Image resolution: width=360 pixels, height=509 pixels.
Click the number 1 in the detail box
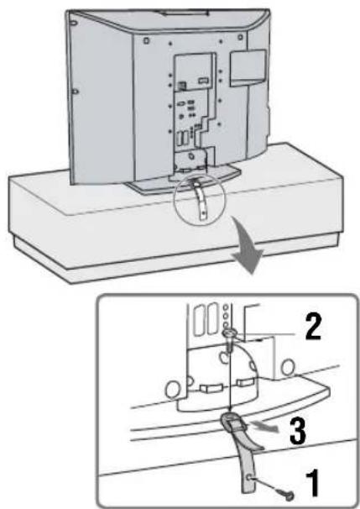(311, 484)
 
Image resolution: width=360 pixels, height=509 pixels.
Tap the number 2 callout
(313, 327)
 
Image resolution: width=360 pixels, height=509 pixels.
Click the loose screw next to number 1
(288, 495)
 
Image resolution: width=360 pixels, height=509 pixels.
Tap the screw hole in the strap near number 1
(250, 477)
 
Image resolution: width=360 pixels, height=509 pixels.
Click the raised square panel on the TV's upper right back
(248, 67)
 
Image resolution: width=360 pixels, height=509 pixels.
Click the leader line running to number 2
(264, 333)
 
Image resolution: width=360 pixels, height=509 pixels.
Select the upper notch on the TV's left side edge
(74, 24)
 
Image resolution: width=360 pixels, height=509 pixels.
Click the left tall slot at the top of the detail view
(200, 320)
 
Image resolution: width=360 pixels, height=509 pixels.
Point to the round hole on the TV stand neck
(191, 156)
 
